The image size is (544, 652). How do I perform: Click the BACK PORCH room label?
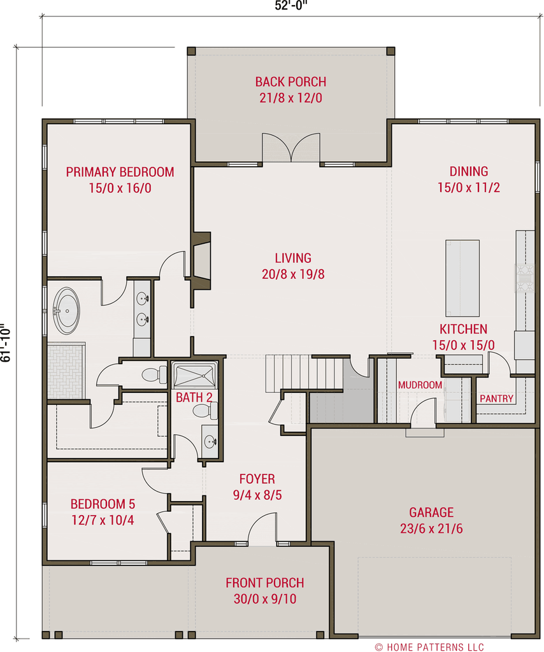tap(290, 82)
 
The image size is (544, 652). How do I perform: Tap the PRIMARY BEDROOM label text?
tap(120, 172)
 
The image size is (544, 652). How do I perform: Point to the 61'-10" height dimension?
tap(6, 343)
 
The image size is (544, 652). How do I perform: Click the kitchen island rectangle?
tap(462, 278)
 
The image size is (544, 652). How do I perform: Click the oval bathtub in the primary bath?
tap(66, 311)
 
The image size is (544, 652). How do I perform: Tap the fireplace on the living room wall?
tap(203, 260)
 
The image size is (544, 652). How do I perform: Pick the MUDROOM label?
tap(420, 385)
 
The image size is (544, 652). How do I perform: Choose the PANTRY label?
tap(496, 399)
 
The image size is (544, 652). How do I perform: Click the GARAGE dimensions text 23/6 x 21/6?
tap(431, 528)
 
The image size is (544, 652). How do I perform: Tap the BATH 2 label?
tap(194, 398)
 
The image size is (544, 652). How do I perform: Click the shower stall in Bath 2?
tap(195, 375)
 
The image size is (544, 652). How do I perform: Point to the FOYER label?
tap(257, 479)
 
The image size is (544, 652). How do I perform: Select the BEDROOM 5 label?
tap(103, 504)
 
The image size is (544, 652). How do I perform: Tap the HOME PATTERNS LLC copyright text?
tap(429, 647)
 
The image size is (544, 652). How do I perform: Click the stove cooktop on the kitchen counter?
tap(524, 278)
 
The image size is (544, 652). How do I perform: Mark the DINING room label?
tap(469, 171)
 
